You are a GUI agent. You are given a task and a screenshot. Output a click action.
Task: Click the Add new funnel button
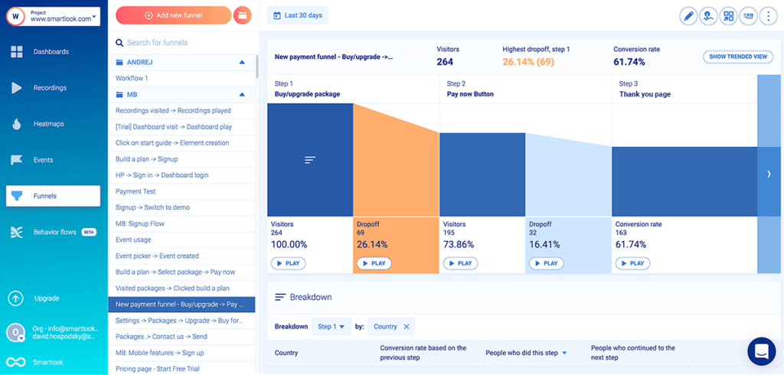click(173, 15)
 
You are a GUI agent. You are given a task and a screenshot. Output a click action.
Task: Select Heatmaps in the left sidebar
click(49, 124)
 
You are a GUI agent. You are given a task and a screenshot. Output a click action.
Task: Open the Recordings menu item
click(49, 88)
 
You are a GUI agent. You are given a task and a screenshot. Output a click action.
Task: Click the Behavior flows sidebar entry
click(54, 232)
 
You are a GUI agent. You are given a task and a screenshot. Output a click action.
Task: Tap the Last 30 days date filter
click(298, 15)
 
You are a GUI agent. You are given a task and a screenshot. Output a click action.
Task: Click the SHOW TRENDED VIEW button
click(738, 57)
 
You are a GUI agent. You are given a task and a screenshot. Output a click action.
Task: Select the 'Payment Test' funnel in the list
click(136, 191)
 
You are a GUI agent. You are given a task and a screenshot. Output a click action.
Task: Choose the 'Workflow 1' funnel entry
click(132, 78)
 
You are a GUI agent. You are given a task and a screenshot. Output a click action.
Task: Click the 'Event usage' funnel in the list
click(133, 240)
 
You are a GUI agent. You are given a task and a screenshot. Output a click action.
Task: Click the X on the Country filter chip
click(407, 327)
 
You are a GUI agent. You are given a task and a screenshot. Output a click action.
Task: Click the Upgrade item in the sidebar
click(46, 298)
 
